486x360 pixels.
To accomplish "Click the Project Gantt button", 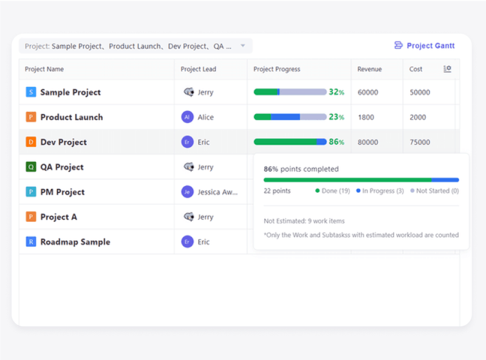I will [x=424, y=46].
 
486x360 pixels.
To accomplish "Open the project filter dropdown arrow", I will [x=242, y=46].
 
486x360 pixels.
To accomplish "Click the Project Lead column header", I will [x=198, y=69].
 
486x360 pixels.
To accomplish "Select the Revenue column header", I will [x=369, y=69].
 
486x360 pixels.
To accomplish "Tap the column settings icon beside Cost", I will [x=447, y=69].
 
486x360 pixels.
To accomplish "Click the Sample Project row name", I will [x=70, y=92].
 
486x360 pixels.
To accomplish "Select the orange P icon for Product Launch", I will [x=31, y=117].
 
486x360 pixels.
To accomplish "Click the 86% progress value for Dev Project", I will [x=337, y=142].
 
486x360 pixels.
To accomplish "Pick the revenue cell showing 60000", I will [x=368, y=92].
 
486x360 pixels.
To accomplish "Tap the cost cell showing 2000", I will [x=418, y=117].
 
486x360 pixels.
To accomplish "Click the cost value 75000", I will [x=420, y=142].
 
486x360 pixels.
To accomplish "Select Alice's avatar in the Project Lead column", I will [x=188, y=117].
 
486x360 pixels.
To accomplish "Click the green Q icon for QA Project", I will [x=31, y=167].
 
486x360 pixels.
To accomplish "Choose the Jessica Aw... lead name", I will [x=217, y=192].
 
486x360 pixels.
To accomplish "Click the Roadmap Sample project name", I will [x=75, y=242].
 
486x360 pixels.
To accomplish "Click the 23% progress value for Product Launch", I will [x=337, y=117].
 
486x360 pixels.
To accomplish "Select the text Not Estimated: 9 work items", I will [x=304, y=221].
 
